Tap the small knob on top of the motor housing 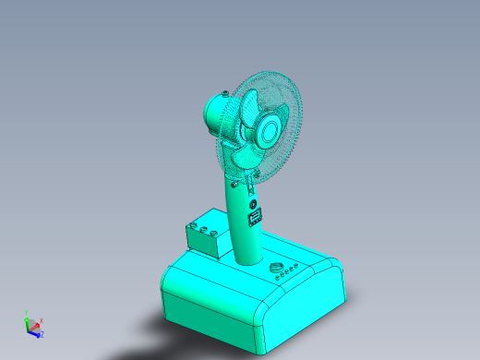point(224,93)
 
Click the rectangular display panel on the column point(255,217)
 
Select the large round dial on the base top point(275,269)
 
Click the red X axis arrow point(36,325)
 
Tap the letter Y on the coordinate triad point(26,312)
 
